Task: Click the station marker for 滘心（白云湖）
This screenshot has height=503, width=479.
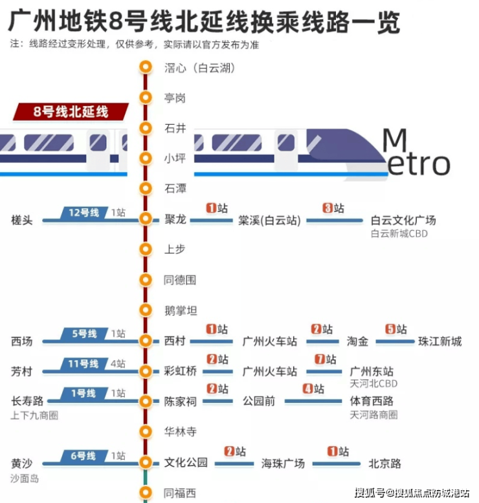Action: tap(146, 67)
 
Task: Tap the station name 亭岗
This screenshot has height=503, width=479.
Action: tap(175, 98)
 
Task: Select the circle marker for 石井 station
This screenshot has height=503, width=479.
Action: tap(146, 128)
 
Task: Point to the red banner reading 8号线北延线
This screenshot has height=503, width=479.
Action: tap(71, 112)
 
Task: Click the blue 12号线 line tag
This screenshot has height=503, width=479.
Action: tap(84, 213)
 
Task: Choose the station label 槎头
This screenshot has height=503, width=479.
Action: tap(22, 220)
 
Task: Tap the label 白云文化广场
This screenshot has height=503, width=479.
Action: tap(403, 220)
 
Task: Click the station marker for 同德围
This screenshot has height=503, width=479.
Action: tap(146, 280)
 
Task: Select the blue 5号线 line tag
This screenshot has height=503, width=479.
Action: tap(84, 334)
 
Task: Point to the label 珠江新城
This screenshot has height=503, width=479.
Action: tap(440, 341)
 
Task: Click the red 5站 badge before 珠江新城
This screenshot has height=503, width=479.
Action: tap(395, 329)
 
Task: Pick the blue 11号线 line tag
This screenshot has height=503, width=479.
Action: tap(84, 364)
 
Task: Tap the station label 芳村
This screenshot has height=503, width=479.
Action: tap(22, 372)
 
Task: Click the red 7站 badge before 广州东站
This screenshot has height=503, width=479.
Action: tap(326, 359)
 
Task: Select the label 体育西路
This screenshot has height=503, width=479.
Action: tap(372, 401)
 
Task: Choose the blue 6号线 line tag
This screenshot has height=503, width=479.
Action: tap(84, 456)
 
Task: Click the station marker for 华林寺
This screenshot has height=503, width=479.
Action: tap(146, 431)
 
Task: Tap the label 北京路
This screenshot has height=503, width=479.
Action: tap(384, 464)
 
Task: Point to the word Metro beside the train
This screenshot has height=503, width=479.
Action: tap(416, 152)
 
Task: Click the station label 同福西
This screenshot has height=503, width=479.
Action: tap(180, 493)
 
